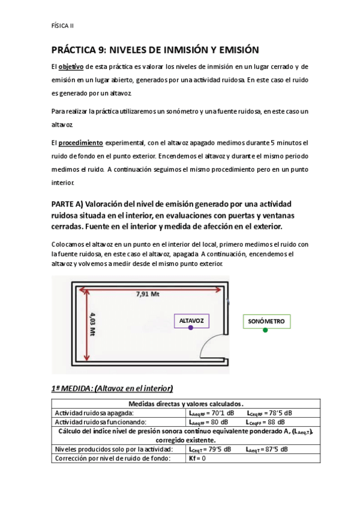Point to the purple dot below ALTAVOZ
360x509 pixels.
click(190, 328)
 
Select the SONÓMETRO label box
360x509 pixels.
click(266, 322)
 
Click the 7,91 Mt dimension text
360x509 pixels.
click(148, 294)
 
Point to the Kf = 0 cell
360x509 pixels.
click(197, 458)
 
